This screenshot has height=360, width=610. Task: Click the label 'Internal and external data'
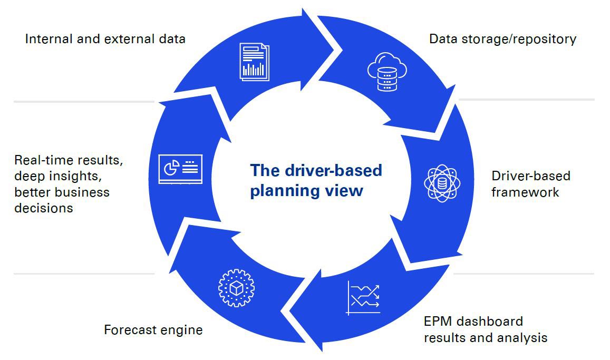(105, 39)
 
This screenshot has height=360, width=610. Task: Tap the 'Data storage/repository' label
(502, 39)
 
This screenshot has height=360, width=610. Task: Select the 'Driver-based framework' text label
(530, 184)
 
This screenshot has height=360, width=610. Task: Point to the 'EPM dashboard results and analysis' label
(485, 329)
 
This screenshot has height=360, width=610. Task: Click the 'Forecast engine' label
(153, 330)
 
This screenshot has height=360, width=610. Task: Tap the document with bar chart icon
(254, 62)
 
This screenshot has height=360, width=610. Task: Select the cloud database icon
(387, 72)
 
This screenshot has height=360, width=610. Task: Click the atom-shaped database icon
(442, 183)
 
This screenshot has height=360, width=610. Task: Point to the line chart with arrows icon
(363, 298)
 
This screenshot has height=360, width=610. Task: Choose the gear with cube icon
(236, 288)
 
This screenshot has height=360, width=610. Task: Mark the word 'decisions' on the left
(43, 208)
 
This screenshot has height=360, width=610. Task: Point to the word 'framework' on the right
(525, 192)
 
